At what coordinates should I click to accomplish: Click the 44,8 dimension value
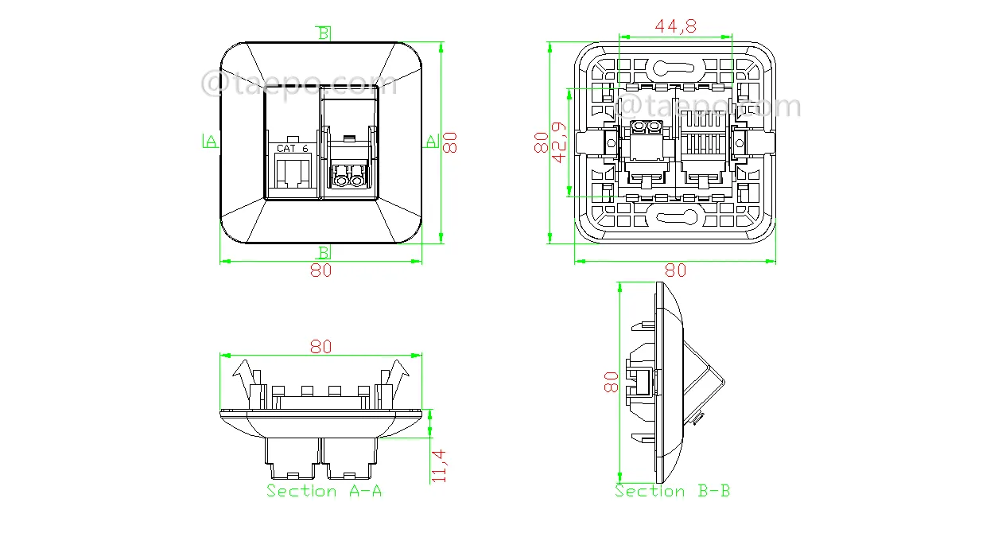point(675,26)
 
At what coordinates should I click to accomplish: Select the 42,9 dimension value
point(559,142)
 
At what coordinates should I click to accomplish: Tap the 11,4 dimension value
point(439,466)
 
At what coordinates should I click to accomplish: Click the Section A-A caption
point(324,491)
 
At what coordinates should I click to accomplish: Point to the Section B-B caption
point(672,491)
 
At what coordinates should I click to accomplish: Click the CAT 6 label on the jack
point(293,148)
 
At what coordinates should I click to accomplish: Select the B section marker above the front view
point(324,33)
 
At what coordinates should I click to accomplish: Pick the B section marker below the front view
point(324,252)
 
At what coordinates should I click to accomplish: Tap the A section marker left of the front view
point(210,141)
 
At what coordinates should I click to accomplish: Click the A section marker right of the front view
point(432,141)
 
